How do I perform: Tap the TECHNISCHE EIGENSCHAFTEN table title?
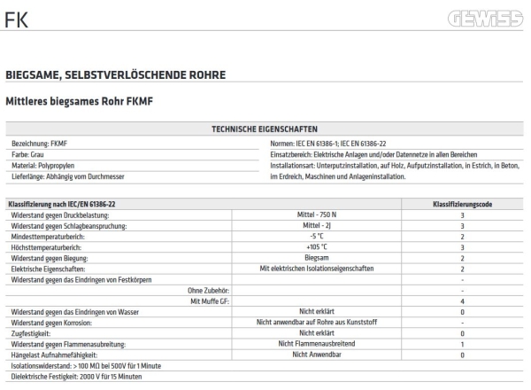265,129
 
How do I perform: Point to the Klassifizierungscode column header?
462,204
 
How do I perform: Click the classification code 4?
462,300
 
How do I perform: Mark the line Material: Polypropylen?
43,164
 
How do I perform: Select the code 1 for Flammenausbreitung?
462,343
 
